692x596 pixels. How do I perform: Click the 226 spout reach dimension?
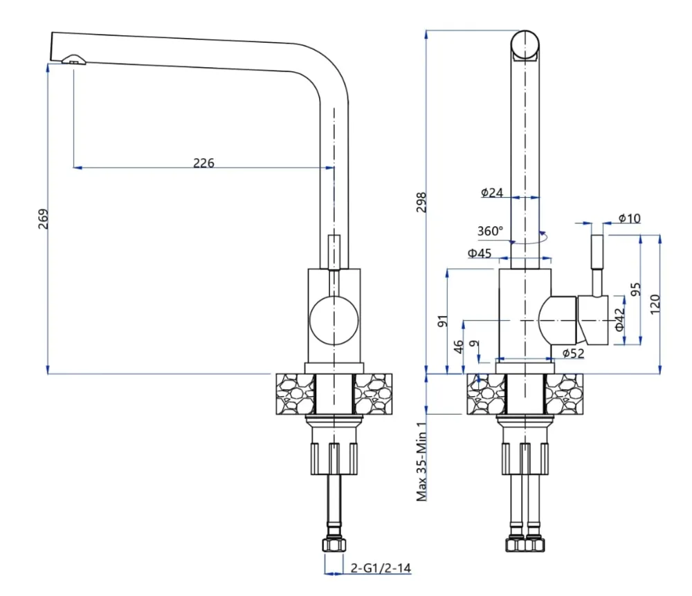click(x=203, y=163)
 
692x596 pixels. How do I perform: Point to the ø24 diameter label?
click(x=492, y=192)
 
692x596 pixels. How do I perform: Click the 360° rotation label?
click(x=490, y=230)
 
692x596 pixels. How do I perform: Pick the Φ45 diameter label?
click(x=479, y=253)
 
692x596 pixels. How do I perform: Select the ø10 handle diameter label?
click(x=630, y=218)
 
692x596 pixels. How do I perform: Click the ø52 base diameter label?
click(x=573, y=353)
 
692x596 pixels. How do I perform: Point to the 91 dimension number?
click(x=444, y=321)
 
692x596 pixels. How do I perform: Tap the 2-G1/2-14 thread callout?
click(x=381, y=568)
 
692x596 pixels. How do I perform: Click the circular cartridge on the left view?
click(x=334, y=320)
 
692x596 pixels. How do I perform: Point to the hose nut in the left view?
click(x=334, y=546)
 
